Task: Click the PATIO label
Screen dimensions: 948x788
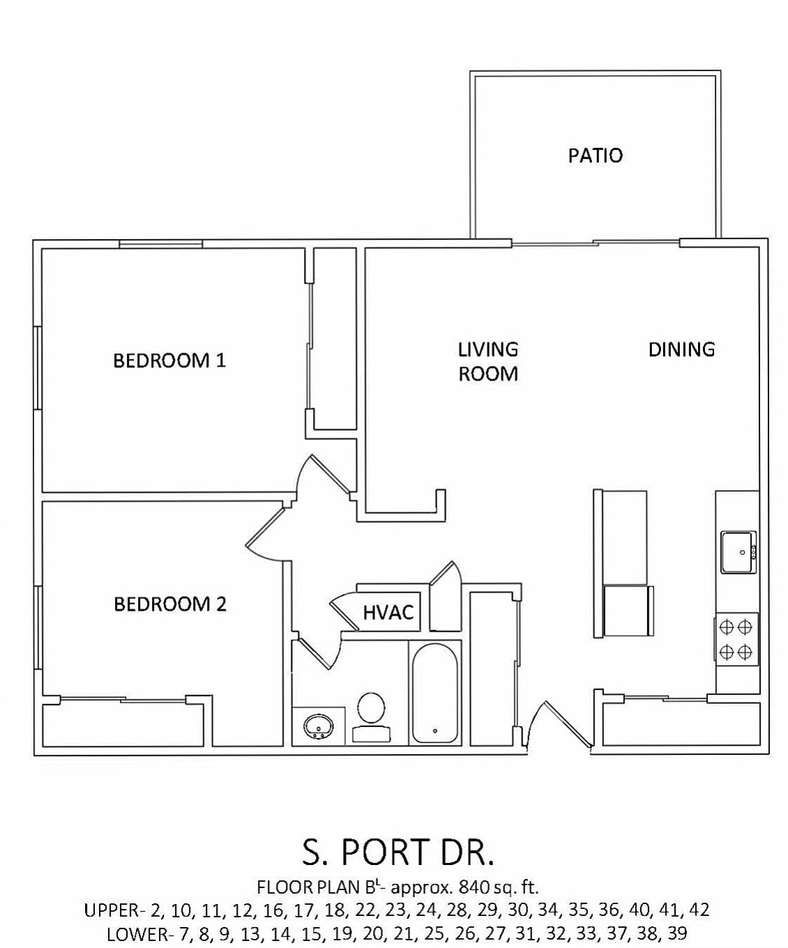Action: (x=595, y=155)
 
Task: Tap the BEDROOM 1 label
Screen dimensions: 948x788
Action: (x=169, y=360)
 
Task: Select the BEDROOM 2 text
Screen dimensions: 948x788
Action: (x=170, y=604)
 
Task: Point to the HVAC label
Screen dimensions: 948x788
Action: (x=388, y=613)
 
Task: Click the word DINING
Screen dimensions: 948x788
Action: (x=681, y=349)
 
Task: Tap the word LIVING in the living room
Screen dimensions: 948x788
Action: (x=488, y=349)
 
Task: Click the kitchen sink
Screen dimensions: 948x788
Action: (x=738, y=552)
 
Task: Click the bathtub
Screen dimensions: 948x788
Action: (x=434, y=694)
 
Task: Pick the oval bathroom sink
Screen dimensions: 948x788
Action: (x=319, y=726)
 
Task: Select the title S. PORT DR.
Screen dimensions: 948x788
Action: (x=398, y=851)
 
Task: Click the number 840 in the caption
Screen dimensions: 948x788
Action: (x=472, y=887)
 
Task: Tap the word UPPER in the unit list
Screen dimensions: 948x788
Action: (x=111, y=910)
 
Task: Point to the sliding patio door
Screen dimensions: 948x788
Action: (x=595, y=243)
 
